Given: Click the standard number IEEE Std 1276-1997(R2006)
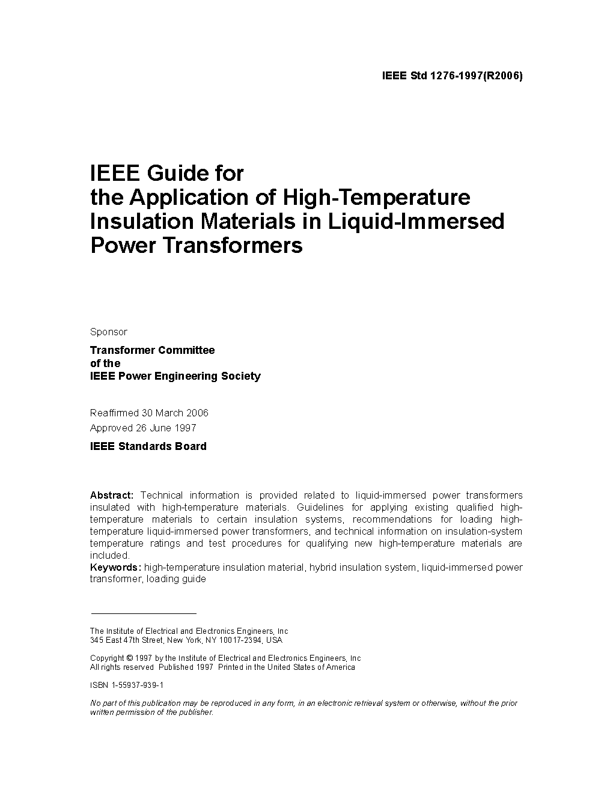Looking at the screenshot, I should coord(452,76).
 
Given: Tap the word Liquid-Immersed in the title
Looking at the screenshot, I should coord(416,222).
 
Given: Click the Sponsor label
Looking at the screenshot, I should coord(109,332).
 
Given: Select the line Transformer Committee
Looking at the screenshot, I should coord(152,350).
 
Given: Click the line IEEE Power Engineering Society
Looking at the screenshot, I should coord(175,376).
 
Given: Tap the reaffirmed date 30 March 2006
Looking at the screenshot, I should coord(175,413).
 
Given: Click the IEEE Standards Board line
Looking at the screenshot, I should coord(148,446).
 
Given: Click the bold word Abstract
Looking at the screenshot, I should coord(112,495).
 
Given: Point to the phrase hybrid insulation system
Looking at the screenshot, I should coord(362,567).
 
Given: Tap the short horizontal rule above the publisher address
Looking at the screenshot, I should coord(144,613).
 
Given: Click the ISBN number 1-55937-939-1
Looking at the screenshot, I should coord(138,685).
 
